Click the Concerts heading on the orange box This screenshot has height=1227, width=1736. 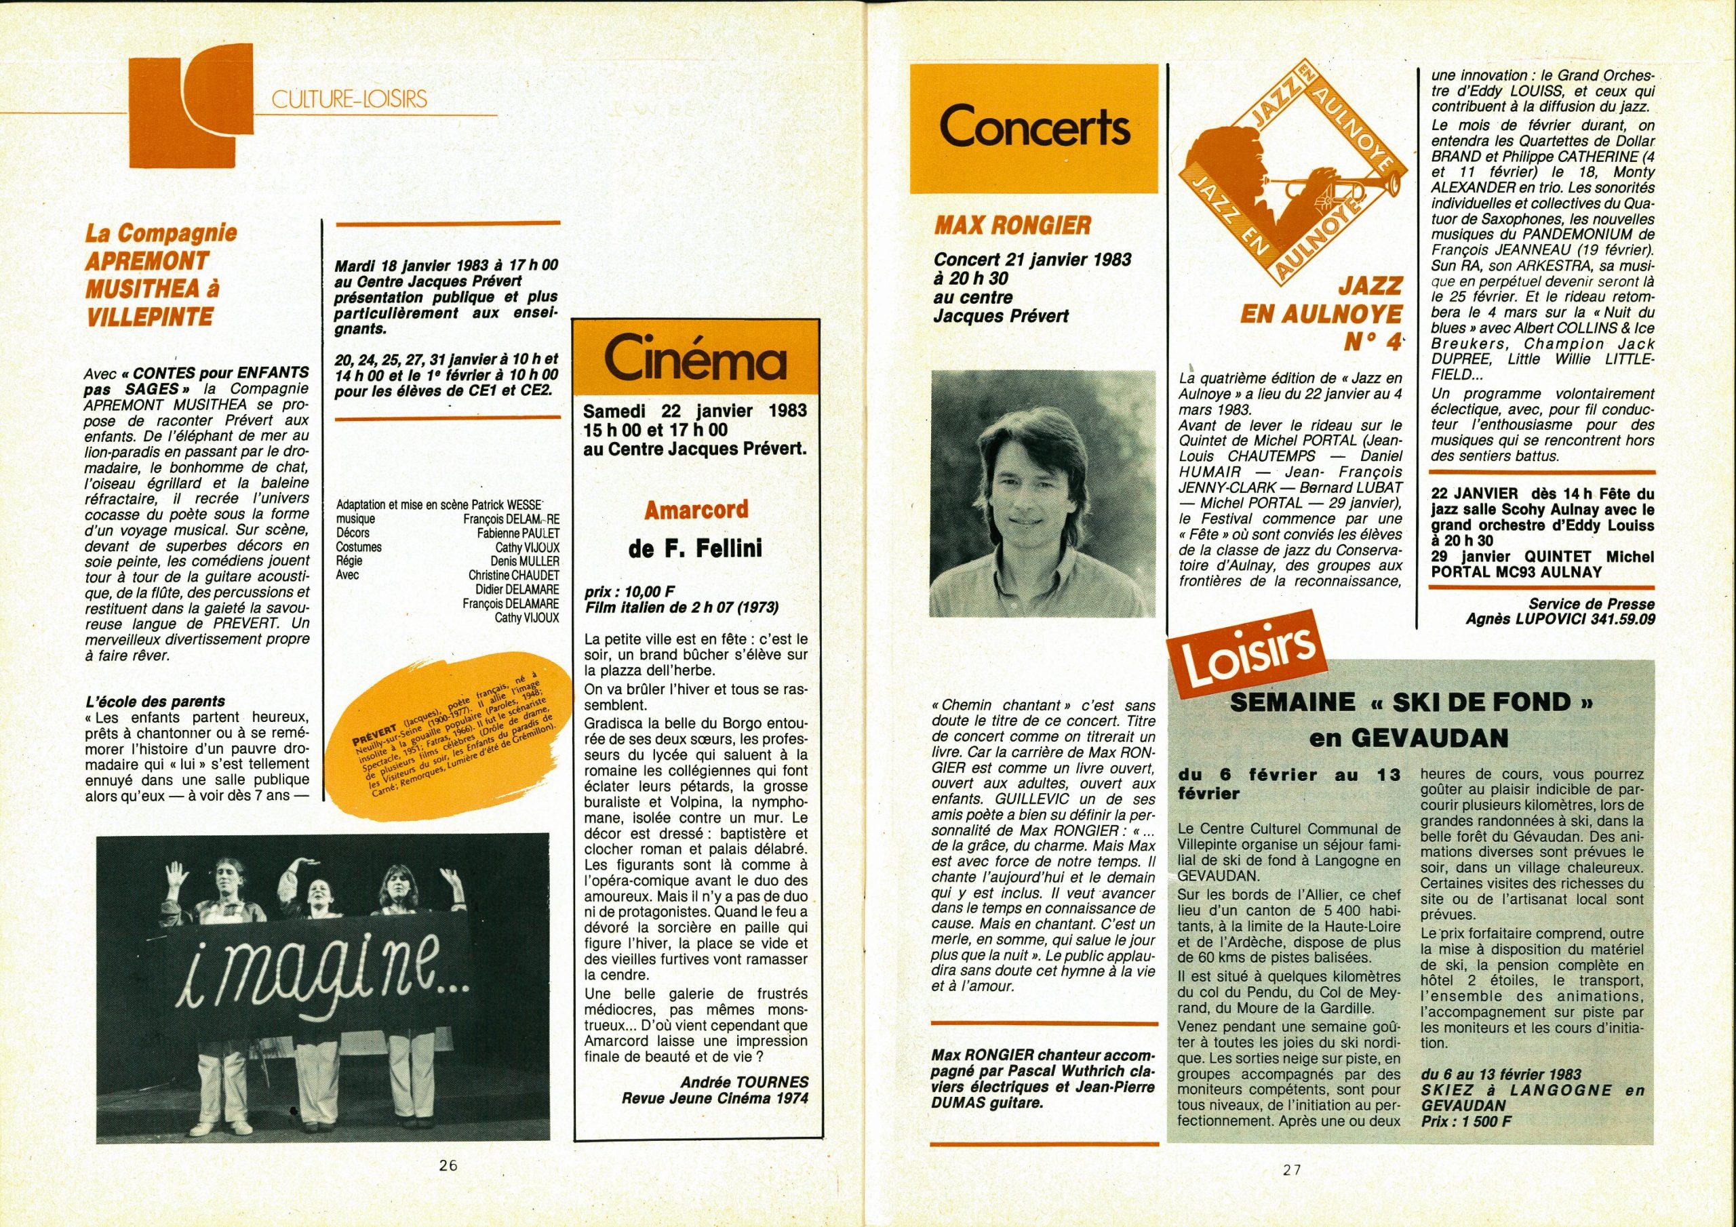pos(1033,129)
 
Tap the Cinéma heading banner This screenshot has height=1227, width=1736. pos(695,363)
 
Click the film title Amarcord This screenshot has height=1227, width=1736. pos(696,510)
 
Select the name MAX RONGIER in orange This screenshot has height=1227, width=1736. pos(1013,224)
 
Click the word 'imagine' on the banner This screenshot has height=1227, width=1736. pos(321,978)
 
